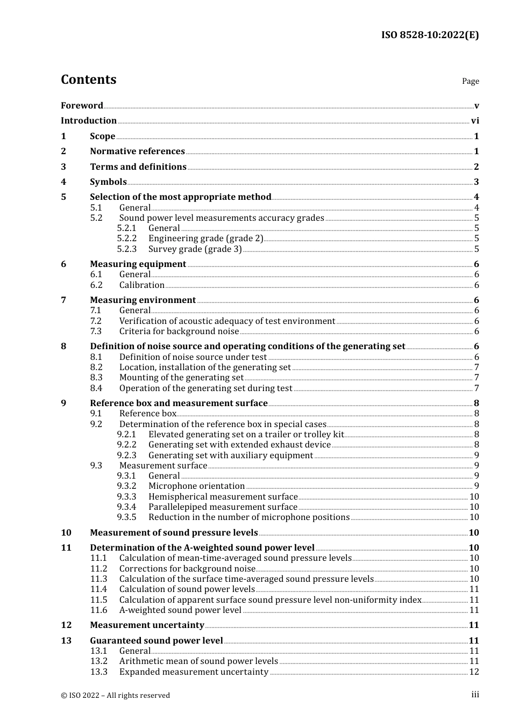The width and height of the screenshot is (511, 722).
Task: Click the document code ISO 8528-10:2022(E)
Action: [430, 35]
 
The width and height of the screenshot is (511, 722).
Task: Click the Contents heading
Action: [88, 80]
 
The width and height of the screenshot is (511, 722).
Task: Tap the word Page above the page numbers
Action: [470, 81]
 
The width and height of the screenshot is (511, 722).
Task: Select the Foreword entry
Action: [82, 106]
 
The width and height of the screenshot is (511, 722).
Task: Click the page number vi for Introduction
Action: [475, 121]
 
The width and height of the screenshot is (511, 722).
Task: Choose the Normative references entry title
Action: [137, 151]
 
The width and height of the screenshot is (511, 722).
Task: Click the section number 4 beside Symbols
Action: [63, 182]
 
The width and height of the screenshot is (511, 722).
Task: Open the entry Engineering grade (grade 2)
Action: [205, 239]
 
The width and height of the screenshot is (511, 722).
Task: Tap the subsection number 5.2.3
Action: [127, 249]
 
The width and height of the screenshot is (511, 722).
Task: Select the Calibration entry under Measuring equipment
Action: [141, 285]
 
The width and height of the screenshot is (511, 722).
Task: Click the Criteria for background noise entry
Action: [179, 331]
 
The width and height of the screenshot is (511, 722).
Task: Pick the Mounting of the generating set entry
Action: [181, 378]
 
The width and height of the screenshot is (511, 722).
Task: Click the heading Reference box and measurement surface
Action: [179, 403]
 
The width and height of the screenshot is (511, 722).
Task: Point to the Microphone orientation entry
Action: [196, 486]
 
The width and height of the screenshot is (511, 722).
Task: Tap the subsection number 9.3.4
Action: [127, 507]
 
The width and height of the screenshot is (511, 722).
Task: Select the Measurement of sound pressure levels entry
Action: [174, 533]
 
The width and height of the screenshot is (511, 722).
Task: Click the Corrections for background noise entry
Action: [187, 569]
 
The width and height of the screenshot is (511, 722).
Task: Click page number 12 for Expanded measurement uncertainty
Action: [474, 672]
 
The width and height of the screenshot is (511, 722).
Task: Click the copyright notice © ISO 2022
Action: [115, 696]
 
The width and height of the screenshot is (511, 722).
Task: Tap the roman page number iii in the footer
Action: [475, 695]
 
